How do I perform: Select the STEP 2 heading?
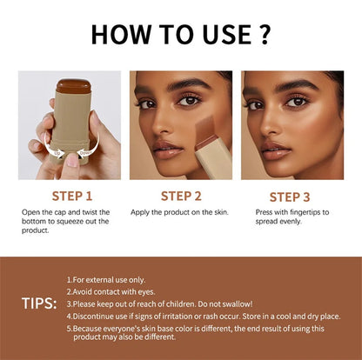click(181, 197)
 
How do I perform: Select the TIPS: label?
click(39, 303)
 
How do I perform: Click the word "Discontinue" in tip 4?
click(96, 316)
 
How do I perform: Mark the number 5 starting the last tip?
click(69, 328)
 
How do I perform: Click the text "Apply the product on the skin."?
click(180, 212)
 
